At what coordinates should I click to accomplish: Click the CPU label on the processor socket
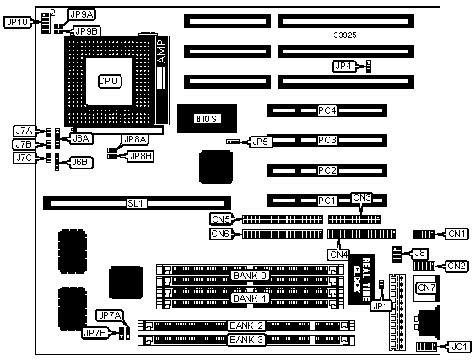[x=110, y=81]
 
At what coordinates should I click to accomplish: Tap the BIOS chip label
[x=207, y=119]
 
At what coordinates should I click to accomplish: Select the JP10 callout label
[x=18, y=22]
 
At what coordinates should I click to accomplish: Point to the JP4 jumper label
[x=344, y=66]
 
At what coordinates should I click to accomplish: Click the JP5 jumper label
[x=260, y=142]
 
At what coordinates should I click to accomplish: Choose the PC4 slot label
[x=327, y=110]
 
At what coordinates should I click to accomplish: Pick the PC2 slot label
[x=327, y=170]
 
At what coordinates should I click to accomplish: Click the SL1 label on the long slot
[x=135, y=203]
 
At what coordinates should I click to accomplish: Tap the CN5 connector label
[x=221, y=219]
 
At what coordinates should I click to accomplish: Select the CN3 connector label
[x=362, y=198]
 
